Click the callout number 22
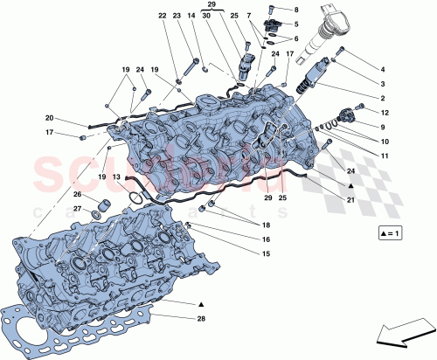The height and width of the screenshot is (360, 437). point(163,17)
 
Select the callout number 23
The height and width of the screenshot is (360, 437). point(177,17)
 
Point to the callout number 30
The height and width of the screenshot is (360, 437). point(206,17)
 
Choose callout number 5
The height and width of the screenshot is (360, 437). point(295,24)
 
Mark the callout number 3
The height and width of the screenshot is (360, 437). point(382,83)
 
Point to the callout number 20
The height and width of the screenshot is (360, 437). point(50,119)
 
